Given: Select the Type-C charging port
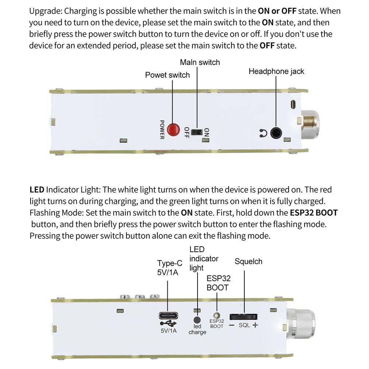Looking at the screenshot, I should click(x=168, y=316).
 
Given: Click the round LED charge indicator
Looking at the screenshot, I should click(x=197, y=320).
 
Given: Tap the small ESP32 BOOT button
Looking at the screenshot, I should click(x=217, y=316).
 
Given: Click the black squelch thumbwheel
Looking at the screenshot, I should click(x=243, y=317).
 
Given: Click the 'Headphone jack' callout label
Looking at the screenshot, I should click(x=276, y=71).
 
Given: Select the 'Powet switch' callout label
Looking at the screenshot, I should click(x=167, y=75).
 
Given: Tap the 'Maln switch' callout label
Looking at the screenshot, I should click(x=200, y=62).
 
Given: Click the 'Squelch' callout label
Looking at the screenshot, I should click(x=248, y=261).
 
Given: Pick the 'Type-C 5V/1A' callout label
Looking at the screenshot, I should click(x=170, y=268).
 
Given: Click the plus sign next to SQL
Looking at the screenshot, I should click(x=255, y=325).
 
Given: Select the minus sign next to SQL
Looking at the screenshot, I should click(x=232, y=325).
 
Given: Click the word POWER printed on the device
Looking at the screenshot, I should click(x=162, y=129).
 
